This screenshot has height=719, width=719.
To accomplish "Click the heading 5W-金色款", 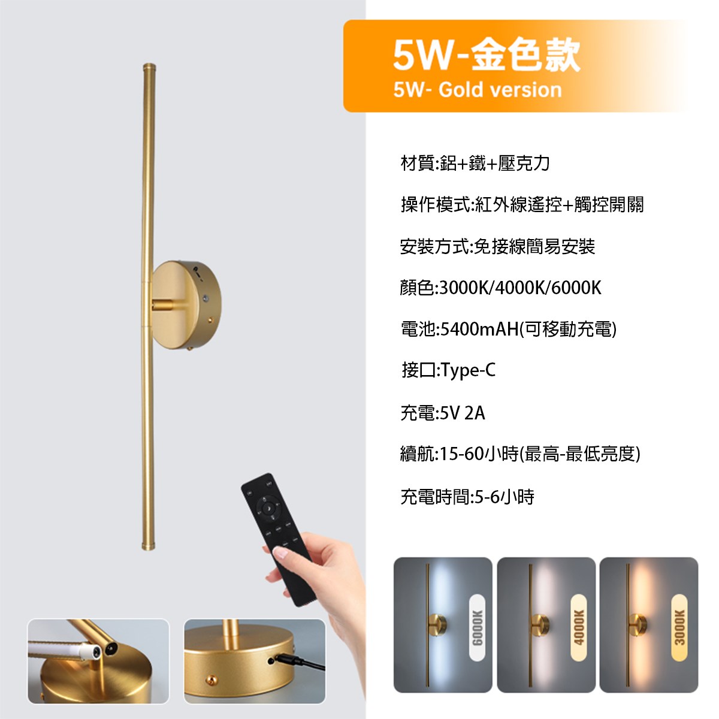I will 486,55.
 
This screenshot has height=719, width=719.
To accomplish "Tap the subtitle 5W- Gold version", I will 478,90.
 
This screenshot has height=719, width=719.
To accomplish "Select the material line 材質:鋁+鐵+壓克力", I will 475,163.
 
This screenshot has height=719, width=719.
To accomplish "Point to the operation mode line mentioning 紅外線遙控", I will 522,205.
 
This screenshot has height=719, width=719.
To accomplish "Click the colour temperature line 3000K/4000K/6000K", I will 500,288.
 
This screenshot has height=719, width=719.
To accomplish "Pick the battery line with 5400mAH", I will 508,329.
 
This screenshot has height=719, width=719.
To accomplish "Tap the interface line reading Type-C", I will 448,370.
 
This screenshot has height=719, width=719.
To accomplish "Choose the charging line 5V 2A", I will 442,413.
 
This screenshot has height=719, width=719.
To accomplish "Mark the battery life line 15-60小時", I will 520,454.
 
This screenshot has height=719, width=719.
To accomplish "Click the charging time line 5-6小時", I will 467,497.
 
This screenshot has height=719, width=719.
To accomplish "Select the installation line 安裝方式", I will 497,246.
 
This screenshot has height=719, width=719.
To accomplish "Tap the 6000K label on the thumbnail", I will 477,627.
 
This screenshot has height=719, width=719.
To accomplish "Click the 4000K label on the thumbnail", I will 578,627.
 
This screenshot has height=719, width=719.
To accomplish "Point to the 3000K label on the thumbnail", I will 679,627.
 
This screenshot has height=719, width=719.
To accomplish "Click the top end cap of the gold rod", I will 148,65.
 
